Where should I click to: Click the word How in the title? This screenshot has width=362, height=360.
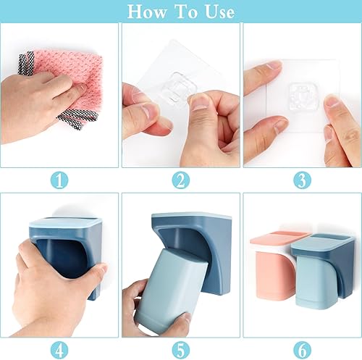point(147,12)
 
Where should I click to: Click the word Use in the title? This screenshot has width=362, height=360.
point(219,12)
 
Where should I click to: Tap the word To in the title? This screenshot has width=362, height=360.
point(186,12)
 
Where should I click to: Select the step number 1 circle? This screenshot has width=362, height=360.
point(59,180)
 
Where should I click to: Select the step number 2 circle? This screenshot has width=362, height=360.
point(181,180)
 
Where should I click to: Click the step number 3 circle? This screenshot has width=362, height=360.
point(302,180)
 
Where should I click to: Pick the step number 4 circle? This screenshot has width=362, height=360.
point(59,351)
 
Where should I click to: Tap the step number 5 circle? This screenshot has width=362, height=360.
point(181,351)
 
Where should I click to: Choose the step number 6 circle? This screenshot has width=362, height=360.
point(302,351)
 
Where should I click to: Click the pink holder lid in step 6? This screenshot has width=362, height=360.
point(280,238)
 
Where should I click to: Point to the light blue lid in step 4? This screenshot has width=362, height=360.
point(64,222)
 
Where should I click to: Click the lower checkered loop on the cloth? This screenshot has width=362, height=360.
point(78,119)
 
